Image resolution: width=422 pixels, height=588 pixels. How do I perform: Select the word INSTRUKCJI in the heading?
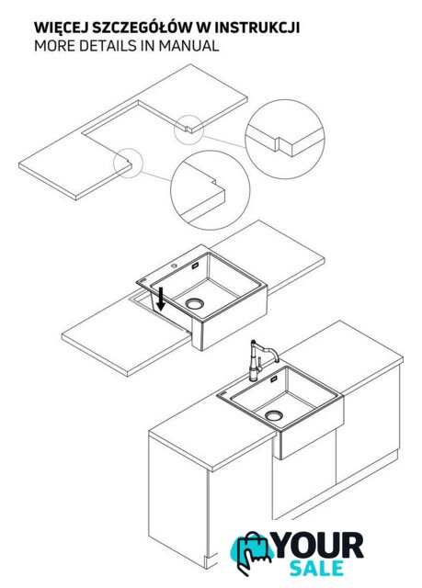(257, 28)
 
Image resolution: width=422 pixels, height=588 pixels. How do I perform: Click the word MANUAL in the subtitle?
(188, 46)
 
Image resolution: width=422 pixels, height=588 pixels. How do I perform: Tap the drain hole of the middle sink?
(195, 303)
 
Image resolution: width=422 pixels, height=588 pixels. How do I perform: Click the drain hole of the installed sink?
(274, 415)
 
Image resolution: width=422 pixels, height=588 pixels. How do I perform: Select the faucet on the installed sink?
(261, 361)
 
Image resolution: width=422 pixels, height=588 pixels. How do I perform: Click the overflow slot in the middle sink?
(195, 266)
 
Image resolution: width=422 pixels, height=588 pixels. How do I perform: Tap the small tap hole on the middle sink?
(174, 266)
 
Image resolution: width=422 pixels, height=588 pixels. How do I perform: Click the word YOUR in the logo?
(318, 546)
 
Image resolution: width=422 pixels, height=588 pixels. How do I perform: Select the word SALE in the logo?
(316, 568)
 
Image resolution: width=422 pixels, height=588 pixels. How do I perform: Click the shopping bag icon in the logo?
(252, 553)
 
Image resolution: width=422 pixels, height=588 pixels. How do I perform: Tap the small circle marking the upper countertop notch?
(188, 130)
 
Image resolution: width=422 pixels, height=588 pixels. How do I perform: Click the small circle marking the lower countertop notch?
(129, 163)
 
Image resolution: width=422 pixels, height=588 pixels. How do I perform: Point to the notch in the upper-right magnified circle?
(278, 144)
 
